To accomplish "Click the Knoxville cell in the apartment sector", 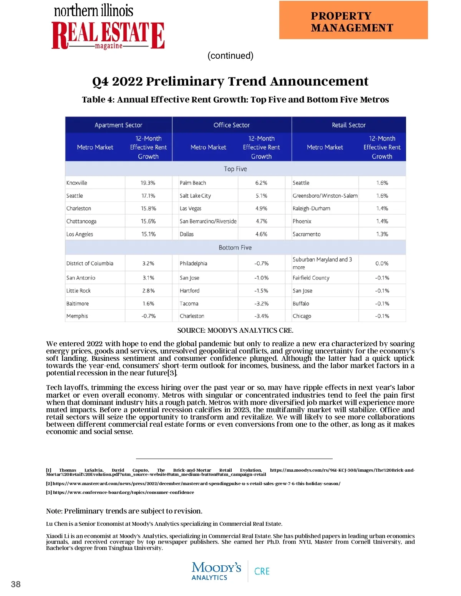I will tap(77, 183).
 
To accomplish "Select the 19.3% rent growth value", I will tap(148, 183).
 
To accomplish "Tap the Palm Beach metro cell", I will tap(193, 183).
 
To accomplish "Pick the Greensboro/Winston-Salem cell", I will tap(325, 196).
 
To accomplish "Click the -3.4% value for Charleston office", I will tap(261, 316).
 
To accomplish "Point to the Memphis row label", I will tap(77, 316).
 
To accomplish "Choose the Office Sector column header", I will tap(232, 125).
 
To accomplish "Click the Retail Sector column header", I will tap(348, 125).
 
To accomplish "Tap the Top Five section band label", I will tap(235, 169).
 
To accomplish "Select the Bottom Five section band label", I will tap(235, 248).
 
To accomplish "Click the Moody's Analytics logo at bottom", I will tap(216, 571).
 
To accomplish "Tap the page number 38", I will tap(16, 584).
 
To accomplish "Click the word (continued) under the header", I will tap(230, 56).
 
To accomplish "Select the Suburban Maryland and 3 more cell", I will tap(322, 263).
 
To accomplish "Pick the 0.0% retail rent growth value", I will tap(382, 264).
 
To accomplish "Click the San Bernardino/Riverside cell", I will tap(208, 221).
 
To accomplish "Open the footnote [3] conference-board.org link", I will tap(123, 492).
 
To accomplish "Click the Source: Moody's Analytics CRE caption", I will tap(235, 330).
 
